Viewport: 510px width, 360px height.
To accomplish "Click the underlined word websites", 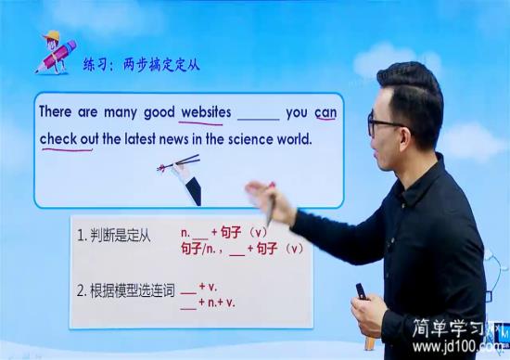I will coord(206,112).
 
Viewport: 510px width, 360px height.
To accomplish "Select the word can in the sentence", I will coord(325,112).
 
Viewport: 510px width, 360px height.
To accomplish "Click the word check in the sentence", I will coord(57,139).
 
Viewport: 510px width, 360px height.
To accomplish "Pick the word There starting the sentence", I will coord(56,112).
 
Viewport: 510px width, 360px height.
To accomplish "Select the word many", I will coord(121,112).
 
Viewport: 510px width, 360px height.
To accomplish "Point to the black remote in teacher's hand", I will coord(361,290).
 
